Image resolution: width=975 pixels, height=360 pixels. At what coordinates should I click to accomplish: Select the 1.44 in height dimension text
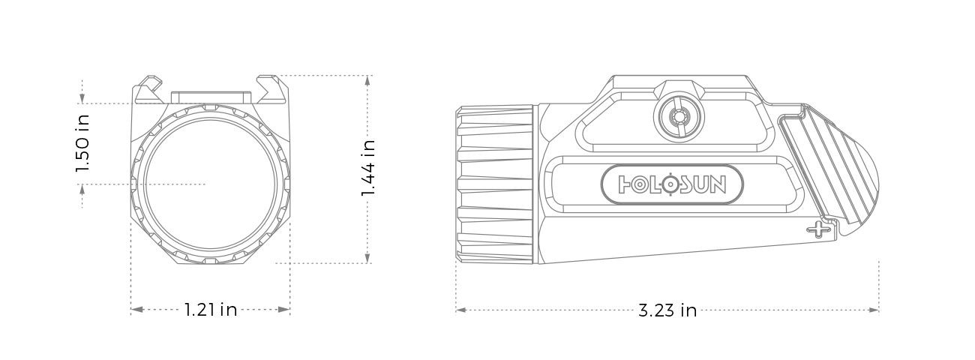point(368,169)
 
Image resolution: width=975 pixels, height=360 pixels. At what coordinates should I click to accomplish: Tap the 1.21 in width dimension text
point(211,310)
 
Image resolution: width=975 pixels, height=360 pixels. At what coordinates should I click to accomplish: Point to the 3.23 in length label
point(667,310)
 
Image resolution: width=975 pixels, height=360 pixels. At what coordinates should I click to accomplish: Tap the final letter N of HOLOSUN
point(717,184)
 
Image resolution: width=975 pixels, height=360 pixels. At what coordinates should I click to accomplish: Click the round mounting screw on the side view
point(679,117)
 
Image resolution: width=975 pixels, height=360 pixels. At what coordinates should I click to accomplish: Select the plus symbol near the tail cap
point(817,229)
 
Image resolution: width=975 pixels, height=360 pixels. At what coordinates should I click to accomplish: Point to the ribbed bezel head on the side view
point(495,184)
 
